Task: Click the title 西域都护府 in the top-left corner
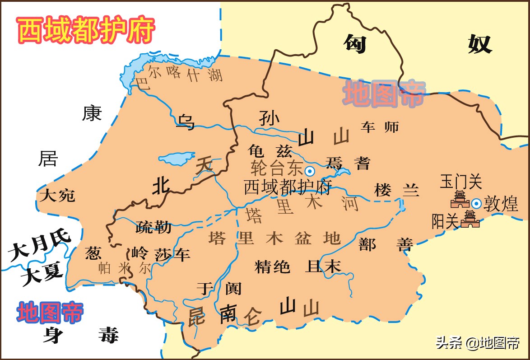pos(86,30)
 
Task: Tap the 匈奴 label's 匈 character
pos(354,44)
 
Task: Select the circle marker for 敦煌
pos(476,203)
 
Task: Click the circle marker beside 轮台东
pos(310,171)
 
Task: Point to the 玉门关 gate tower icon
pos(460,200)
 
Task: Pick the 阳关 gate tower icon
pos(470,219)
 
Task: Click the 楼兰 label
pos(396,190)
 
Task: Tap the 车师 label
pos(380,127)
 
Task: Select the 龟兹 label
pos(270,150)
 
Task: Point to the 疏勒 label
pos(153,227)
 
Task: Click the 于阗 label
pos(219,288)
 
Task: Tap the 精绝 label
pos(272,266)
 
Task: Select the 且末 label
pos(323,266)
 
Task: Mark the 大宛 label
pos(57,196)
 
